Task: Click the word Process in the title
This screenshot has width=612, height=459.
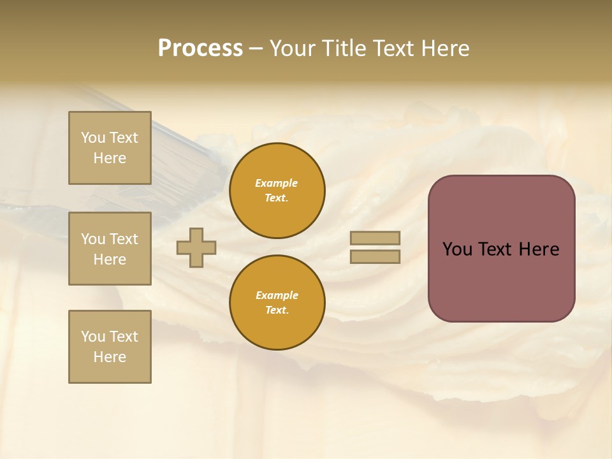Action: pyautogui.click(x=200, y=48)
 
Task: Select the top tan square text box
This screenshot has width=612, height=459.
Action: pyautogui.click(x=110, y=148)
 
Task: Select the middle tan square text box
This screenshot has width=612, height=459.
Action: pyautogui.click(x=110, y=249)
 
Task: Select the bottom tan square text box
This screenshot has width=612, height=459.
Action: pyautogui.click(x=110, y=347)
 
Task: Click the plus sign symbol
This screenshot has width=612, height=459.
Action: pyautogui.click(x=196, y=247)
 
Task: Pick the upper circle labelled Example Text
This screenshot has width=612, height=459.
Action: pyautogui.click(x=277, y=191)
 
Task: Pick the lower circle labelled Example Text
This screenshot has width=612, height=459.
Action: pyautogui.click(x=277, y=303)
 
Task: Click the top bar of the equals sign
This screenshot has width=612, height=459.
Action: pyautogui.click(x=375, y=238)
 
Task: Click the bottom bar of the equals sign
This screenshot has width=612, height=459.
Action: pyautogui.click(x=375, y=257)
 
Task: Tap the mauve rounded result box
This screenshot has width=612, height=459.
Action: pyautogui.click(x=501, y=280)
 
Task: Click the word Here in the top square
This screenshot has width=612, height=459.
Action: pyautogui.click(x=110, y=158)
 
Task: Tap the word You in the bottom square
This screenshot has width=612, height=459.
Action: pyautogui.click(x=93, y=337)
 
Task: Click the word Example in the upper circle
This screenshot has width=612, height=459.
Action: pyautogui.click(x=277, y=183)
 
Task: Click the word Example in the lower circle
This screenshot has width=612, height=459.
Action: pyautogui.click(x=277, y=295)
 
